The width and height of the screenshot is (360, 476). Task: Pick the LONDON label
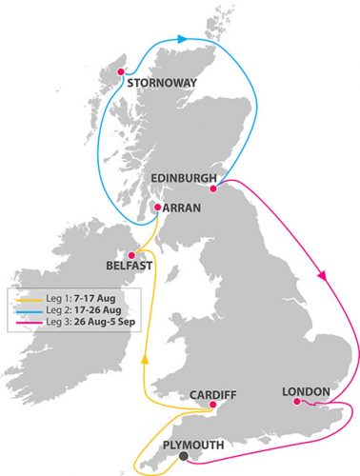(x=307, y=391)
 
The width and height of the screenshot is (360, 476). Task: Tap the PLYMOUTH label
(x=196, y=445)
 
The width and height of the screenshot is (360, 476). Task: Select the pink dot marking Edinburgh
(x=214, y=187)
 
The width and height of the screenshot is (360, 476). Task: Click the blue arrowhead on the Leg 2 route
(x=182, y=39)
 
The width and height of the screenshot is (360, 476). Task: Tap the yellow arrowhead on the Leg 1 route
(x=145, y=361)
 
